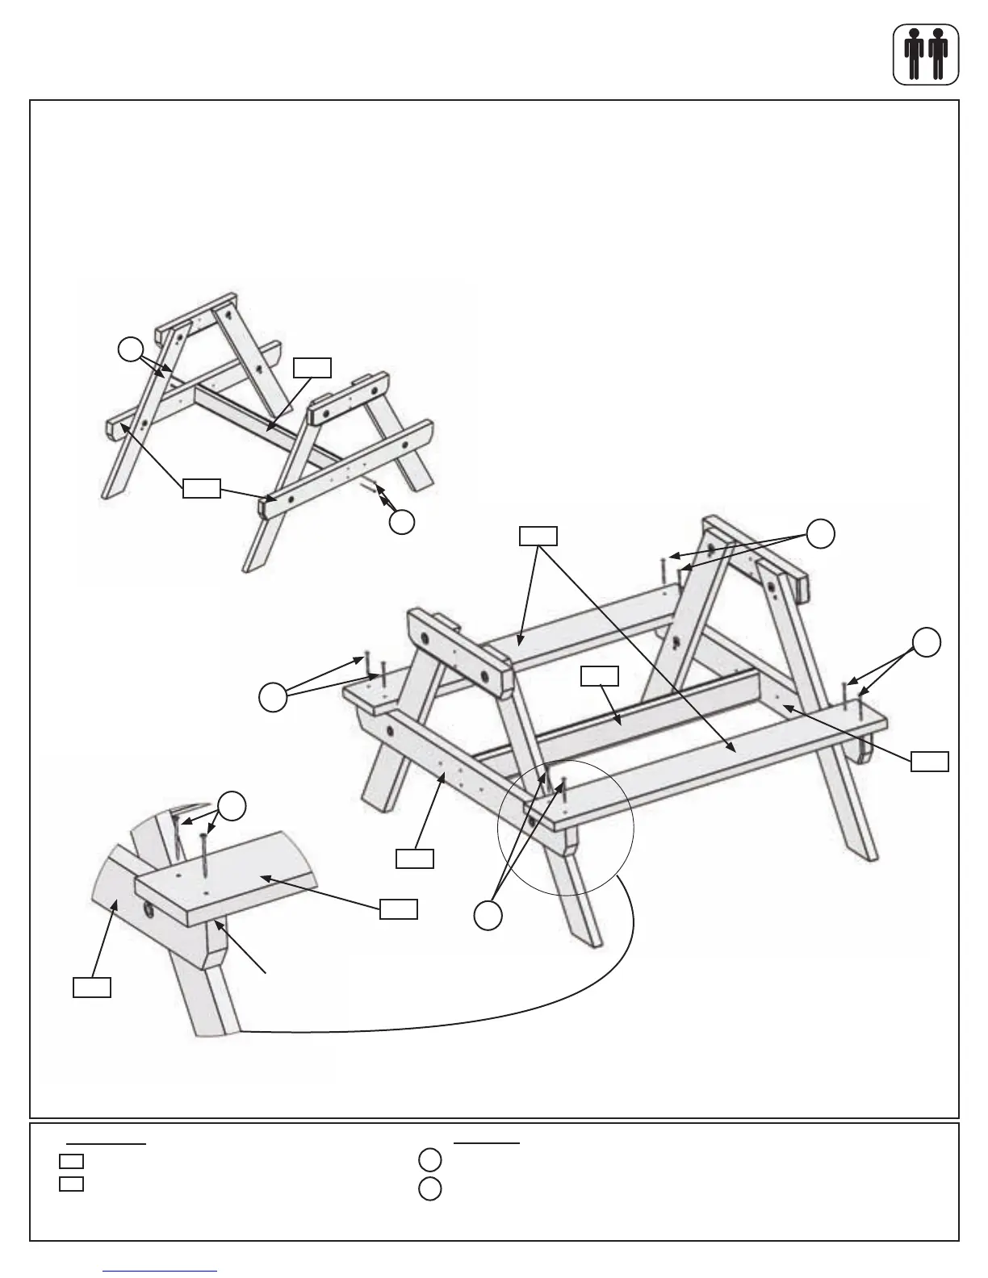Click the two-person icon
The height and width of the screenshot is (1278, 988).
926,54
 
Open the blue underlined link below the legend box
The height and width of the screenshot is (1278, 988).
161,1271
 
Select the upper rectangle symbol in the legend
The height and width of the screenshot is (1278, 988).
71,1161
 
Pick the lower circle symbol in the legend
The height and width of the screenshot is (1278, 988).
430,1189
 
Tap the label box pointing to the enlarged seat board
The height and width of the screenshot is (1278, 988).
399,908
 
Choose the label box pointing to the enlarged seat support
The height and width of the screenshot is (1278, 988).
92,987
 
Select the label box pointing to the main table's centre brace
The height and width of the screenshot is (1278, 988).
600,676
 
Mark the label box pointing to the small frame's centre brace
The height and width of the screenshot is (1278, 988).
312,368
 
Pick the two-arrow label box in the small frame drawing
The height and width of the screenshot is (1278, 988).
201,488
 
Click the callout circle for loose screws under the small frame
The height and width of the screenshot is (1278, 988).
402,522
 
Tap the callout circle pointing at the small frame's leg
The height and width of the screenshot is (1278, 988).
129,349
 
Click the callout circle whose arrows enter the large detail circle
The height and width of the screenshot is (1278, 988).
486,914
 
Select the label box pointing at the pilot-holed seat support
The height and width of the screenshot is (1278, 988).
414,858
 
